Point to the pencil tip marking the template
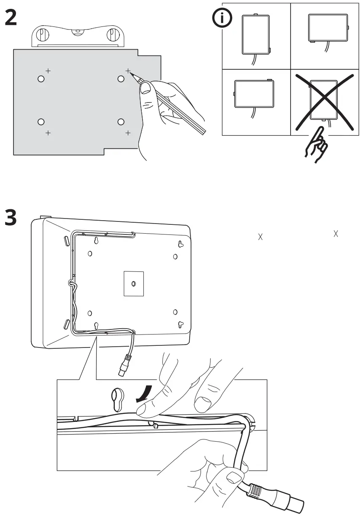click(x=132, y=74)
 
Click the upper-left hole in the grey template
click(x=41, y=79)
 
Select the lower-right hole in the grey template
click(x=121, y=122)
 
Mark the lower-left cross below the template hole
click(x=48, y=133)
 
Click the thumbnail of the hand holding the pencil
click(x=168, y=105)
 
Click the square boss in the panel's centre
click(x=133, y=284)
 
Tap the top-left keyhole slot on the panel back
click(x=96, y=241)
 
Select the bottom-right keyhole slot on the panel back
click(x=180, y=324)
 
